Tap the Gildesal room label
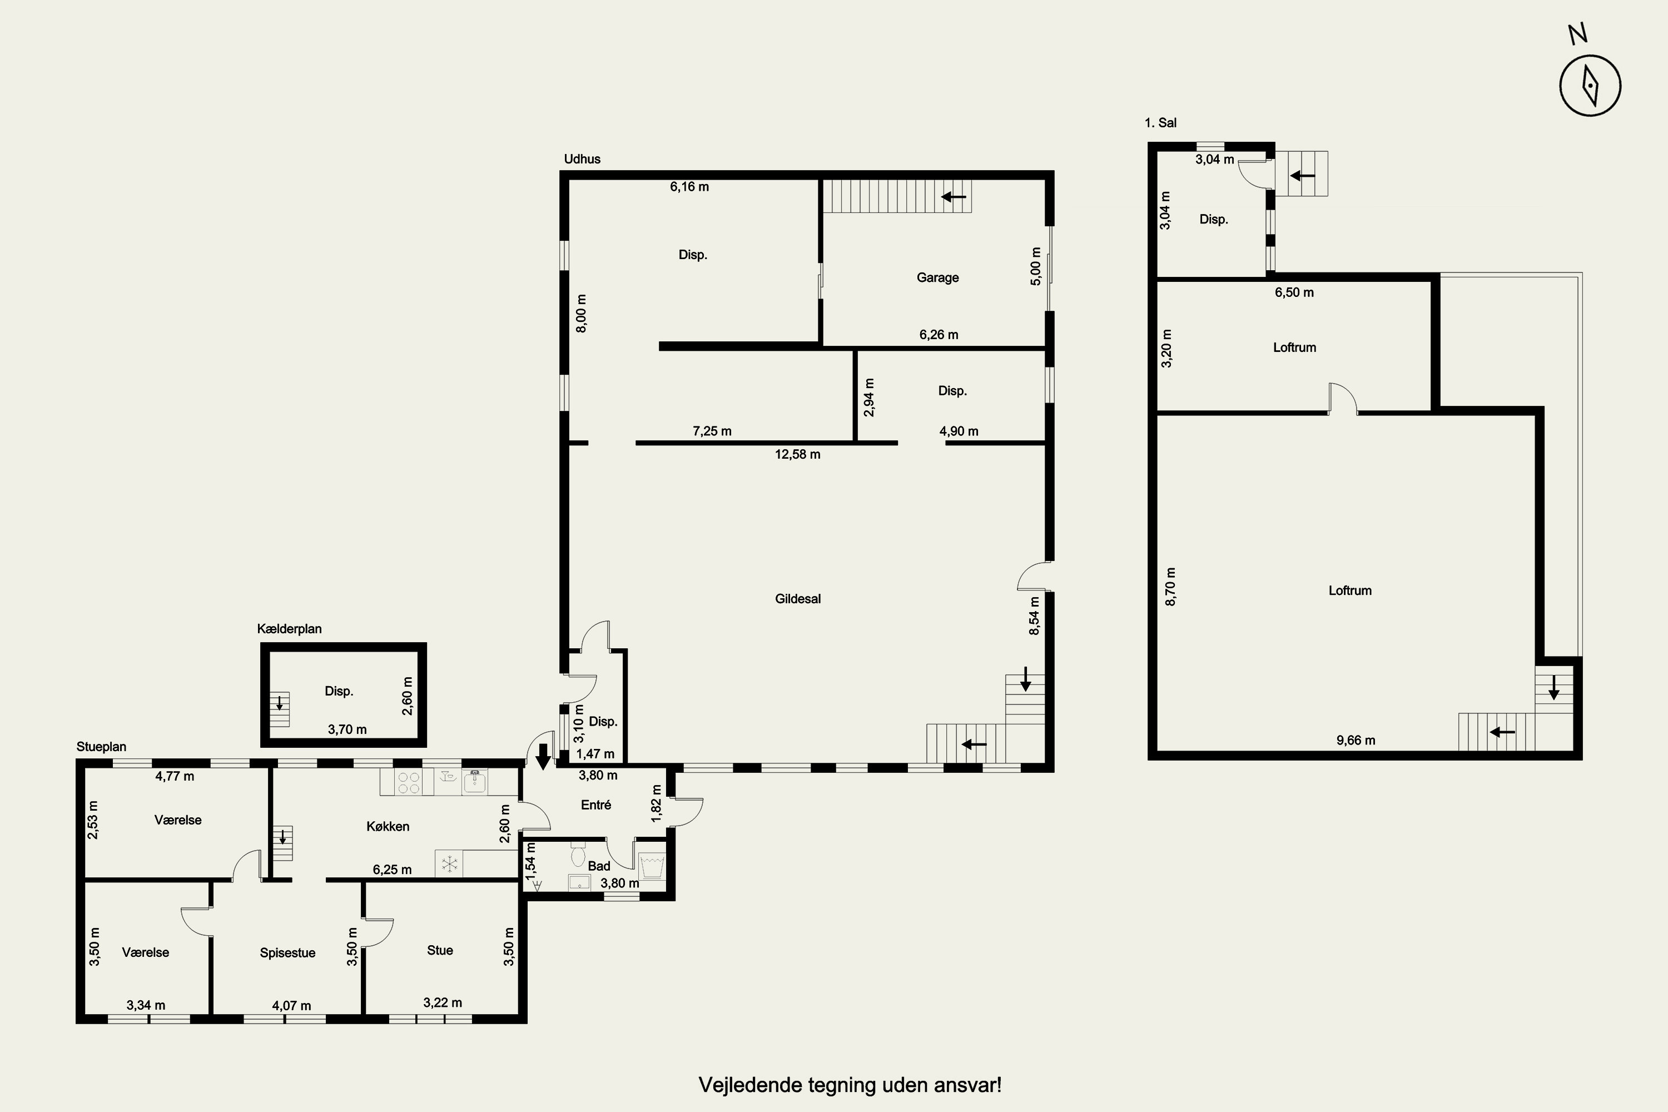click(x=798, y=599)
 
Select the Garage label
click(x=937, y=277)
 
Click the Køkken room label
click(x=388, y=826)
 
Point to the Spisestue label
click(x=287, y=952)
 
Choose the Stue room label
click(x=440, y=950)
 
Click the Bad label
click(x=599, y=866)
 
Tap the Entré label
click(x=595, y=805)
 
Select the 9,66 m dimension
click(x=1356, y=741)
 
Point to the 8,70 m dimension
click(x=1171, y=587)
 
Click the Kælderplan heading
click(x=289, y=629)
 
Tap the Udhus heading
click(x=582, y=159)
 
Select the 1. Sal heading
click(x=1160, y=123)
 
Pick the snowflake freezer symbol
click(x=449, y=864)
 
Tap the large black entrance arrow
click(x=543, y=757)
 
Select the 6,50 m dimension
click(x=1294, y=292)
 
